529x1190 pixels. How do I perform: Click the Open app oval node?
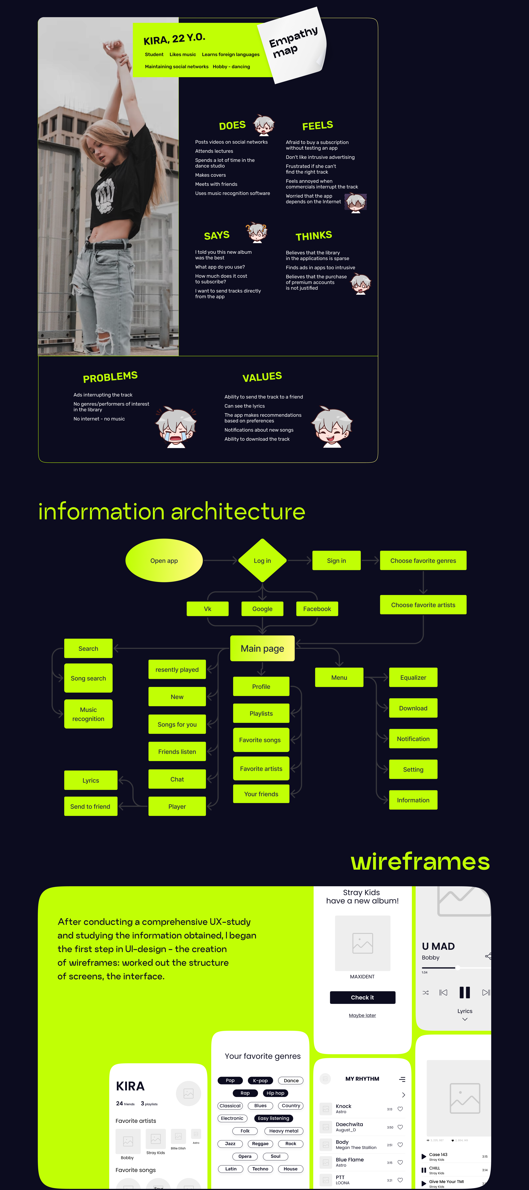coord(164,560)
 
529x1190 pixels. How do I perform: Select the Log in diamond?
coord(262,560)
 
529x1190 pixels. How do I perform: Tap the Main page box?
coord(262,648)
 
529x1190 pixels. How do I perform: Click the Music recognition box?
coord(88,714)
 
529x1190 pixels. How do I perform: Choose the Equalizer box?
coord(413,677)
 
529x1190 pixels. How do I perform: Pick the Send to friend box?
coord(90,806)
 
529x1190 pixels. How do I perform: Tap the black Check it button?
coord(362,997)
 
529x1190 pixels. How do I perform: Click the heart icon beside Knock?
coord(400,1109)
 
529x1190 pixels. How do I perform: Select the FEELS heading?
coord(318,125)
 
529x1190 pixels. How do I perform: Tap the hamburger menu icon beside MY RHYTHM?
coord(402,1079)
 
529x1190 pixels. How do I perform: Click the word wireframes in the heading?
coord(420,861)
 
